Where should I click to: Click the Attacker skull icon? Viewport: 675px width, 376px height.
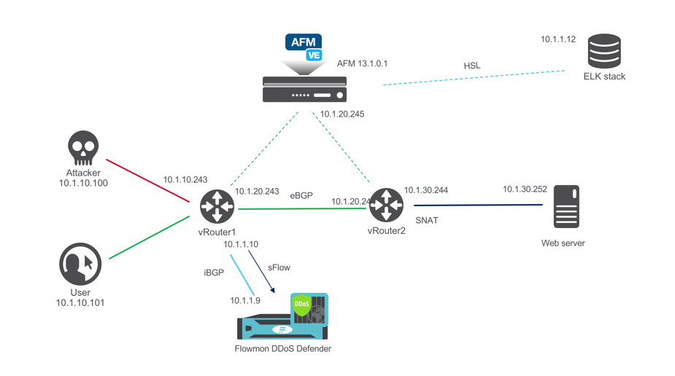point(83,149)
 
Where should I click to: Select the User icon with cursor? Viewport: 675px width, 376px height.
point(80,264)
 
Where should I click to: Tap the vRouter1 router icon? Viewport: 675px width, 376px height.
point(217,206)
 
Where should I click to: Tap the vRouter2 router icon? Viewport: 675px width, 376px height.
point(386,205)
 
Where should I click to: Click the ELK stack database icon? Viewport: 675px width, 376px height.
point(604,51)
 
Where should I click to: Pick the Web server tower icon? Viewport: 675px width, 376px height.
point(566,207)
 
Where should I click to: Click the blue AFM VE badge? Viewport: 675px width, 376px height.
point(304,46)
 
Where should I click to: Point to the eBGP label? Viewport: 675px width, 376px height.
point(301,196)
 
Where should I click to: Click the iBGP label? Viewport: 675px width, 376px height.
point(214,272)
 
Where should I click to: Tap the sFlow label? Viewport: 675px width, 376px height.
point(279,267)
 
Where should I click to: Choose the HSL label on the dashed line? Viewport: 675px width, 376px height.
point(472,66)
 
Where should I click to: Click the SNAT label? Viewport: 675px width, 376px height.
point(427,220)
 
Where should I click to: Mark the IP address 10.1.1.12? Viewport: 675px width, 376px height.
point(558,39)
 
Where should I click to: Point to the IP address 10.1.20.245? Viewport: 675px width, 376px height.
point(342,114)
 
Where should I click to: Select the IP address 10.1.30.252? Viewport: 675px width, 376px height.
point(525,189)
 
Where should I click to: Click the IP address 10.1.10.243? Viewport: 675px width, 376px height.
point(185,179)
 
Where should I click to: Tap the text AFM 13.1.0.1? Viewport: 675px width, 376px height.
point(362,64)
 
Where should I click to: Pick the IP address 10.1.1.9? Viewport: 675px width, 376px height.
point(246,300)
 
